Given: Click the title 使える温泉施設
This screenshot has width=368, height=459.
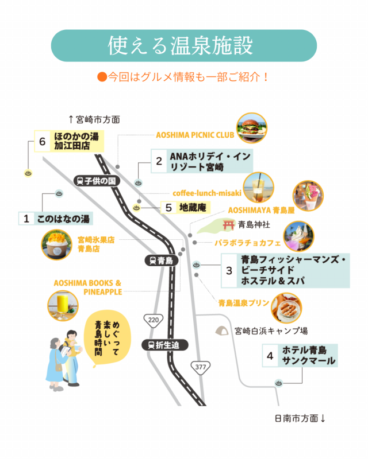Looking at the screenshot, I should click(x=183, y=45).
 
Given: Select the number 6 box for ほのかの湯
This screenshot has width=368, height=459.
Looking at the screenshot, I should click(x=42, y=141).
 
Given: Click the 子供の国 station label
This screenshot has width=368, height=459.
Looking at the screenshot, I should click(x=96, y=181).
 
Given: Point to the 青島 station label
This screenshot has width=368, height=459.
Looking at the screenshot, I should click(x=160, y=260).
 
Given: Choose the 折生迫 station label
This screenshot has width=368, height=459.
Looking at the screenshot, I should click(x=164, y=345).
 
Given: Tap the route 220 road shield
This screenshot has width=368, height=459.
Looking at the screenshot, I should click(x=153, y=320).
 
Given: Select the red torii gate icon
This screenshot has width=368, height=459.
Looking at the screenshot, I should click(x=229, y=224).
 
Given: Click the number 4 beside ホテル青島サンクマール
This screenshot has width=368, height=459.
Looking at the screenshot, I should click(x=270, y=356).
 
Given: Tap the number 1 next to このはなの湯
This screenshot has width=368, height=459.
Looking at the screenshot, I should click(x=26, y=219).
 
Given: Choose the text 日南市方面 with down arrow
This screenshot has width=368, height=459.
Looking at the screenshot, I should click(x=300, y=418).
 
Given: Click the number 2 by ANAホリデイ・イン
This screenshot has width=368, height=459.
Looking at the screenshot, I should click(x=159, y=162).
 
